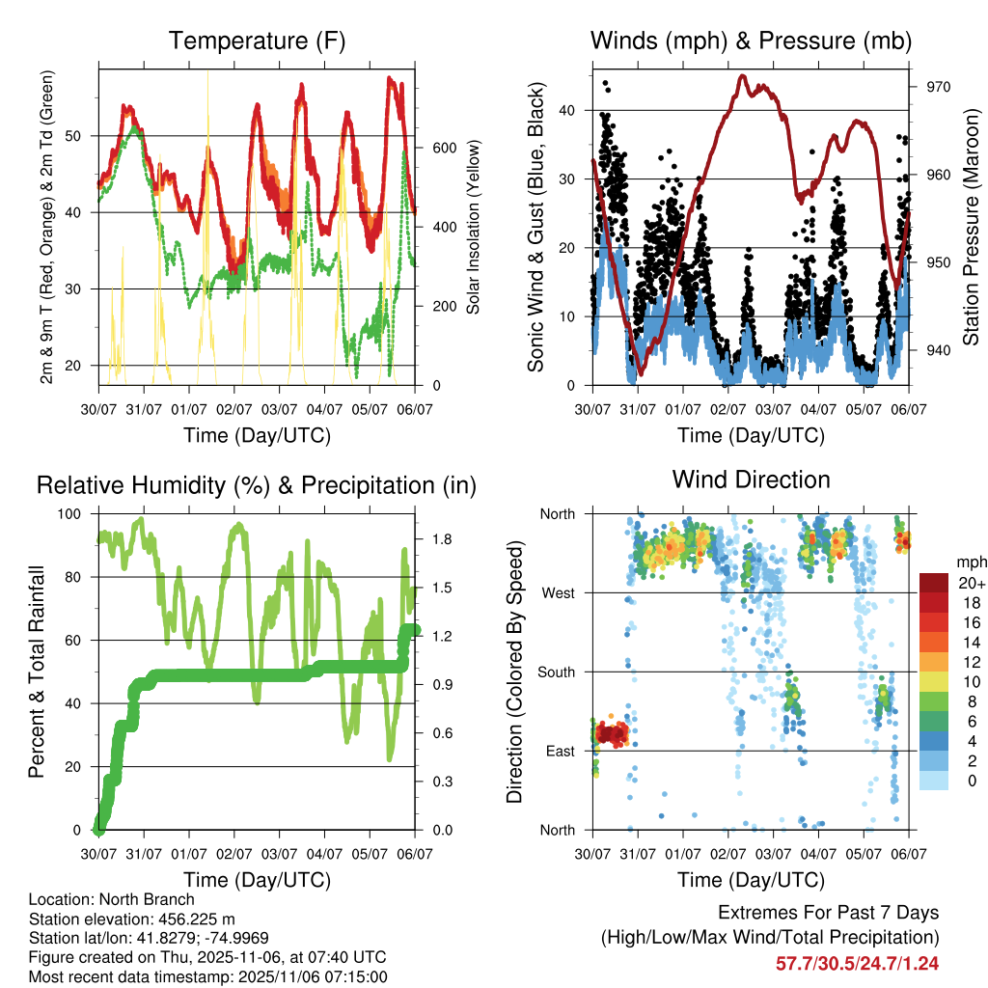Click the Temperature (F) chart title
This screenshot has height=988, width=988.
coord(257,41)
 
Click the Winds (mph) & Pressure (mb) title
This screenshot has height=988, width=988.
coord(752,41)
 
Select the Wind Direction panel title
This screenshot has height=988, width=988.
coord(752,480)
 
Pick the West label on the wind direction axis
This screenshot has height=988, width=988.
coord(558,592)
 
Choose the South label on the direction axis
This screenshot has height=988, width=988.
coord(555,672)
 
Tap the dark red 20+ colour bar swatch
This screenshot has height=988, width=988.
coord(935,583)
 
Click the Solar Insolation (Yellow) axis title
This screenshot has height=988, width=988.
coord(473,227)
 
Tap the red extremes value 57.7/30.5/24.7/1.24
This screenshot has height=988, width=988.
coord(857,963)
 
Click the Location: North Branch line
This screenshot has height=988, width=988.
coord(112,900)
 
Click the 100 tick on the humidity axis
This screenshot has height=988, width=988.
coord(71,513)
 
